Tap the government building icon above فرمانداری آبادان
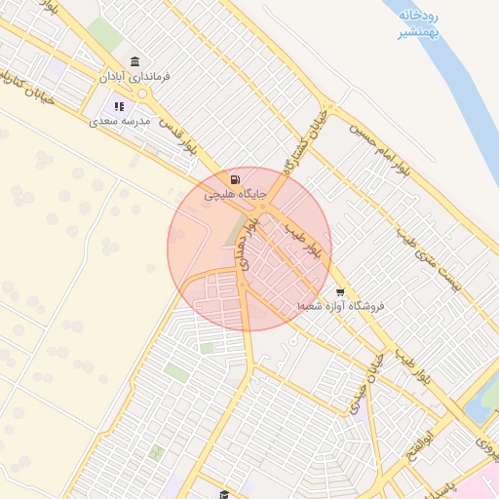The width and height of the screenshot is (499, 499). coord(134,61)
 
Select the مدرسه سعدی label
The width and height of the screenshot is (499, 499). coord(120,121)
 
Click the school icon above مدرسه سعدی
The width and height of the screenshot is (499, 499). coord(120,106)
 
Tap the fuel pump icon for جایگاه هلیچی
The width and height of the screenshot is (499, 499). coord(235,179)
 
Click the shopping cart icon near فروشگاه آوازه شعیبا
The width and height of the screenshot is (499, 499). coord(339,291)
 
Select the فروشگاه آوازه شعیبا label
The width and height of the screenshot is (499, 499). coord(341,306)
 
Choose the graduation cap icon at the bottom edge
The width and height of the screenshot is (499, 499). coord(224,494)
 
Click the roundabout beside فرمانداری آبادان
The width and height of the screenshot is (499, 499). coord(144,95)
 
